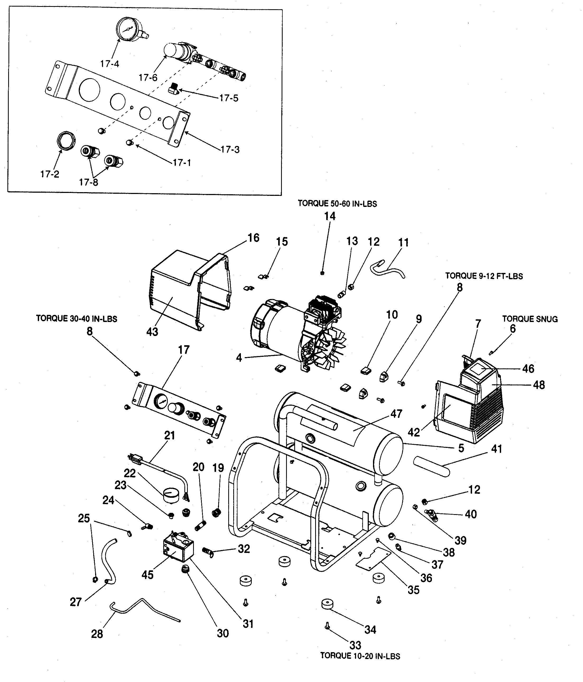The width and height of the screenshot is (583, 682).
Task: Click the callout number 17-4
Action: click(109, 64)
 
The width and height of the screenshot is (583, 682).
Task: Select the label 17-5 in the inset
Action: click(228, 98)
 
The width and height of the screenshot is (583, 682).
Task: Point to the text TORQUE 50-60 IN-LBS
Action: click(337, 204)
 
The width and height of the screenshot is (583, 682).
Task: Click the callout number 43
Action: click(152, 332)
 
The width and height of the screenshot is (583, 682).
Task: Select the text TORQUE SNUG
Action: click(530, 319)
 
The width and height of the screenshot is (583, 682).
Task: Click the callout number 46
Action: click(528, 369)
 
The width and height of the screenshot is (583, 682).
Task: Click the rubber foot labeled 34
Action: click(327, 604)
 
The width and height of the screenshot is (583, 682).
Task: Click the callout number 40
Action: click(471, 514)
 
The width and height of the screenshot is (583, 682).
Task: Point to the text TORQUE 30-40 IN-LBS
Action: click(76, 319)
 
